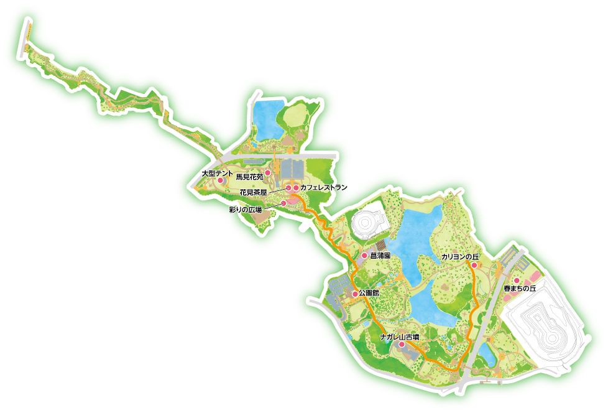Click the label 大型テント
point(218,172)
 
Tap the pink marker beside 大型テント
point(219,180)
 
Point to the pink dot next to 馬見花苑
point(268,173)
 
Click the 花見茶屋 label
point(253,192)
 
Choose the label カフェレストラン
point(324,187)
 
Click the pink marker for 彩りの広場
point(283,203)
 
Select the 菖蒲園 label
point(380,256)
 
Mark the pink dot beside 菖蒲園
point(365,256)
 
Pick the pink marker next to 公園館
point(355,294)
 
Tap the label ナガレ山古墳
point(400,336)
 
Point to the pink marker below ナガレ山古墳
point(402,344)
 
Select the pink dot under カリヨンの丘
point(474,266)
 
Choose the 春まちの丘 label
point(520,289)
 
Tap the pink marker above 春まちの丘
point(516,281)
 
